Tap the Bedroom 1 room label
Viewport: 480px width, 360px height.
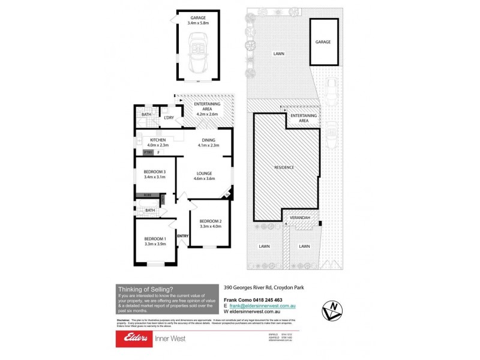point(155,238)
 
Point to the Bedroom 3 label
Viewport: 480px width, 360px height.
point(155,172)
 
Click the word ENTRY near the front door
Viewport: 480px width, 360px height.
point(183,236)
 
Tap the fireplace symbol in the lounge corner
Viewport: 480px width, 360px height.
point(227,194)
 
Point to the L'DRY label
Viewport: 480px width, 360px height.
point(169,118)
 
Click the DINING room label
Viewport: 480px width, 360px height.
point(208,140)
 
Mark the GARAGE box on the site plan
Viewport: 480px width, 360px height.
point(323,42)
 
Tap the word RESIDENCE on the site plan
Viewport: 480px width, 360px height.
point(284,167)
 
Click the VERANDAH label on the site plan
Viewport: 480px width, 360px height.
point(299,217)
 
